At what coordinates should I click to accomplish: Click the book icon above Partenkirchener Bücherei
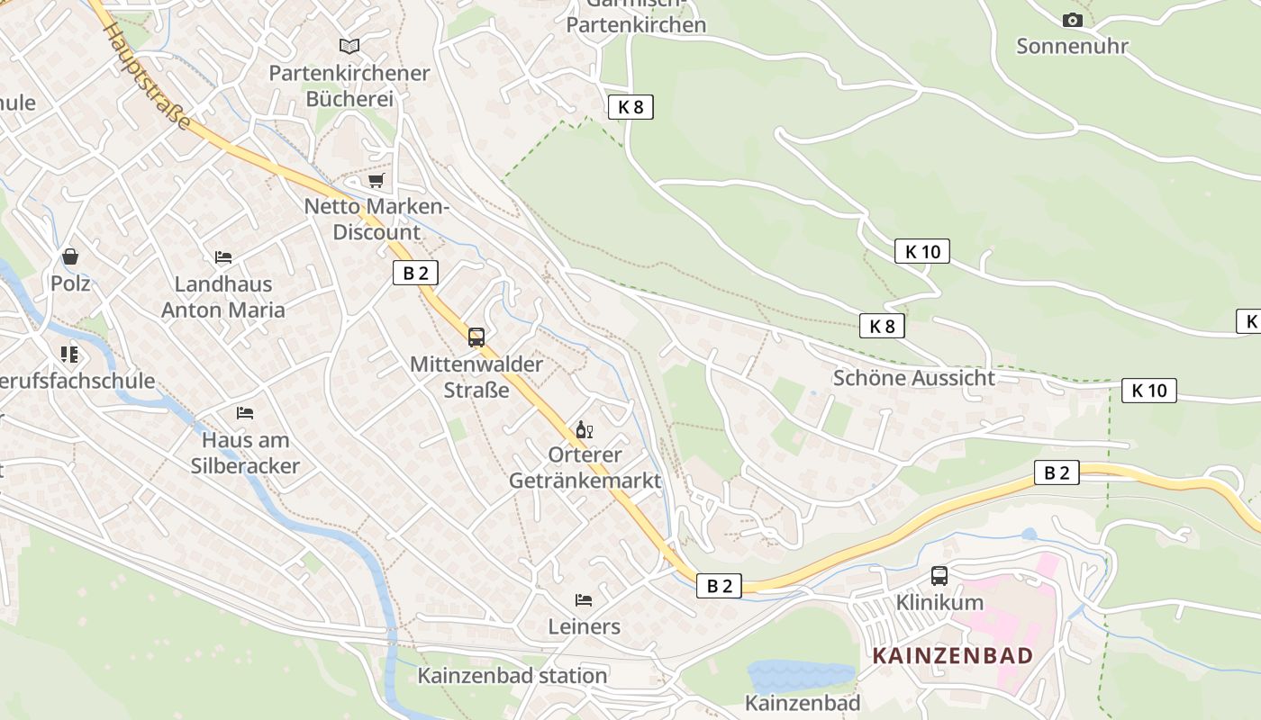click(x=349, y=45)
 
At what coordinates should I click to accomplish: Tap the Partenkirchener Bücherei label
click(x=349, y=85)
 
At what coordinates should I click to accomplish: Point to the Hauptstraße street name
click(x=148, y=76)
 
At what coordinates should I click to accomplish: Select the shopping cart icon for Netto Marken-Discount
click(x=376, y=180)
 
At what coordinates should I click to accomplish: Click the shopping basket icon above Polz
click(x=70, y=256)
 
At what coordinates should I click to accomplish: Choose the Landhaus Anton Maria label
click(x=222, y=297)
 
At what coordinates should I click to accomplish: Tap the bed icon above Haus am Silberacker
click(x=245, y=413)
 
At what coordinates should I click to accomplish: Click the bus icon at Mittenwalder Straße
click(x=476, y=337)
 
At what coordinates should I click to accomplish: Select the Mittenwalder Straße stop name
click(x=476, y=377)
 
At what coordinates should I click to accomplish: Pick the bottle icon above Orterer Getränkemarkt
click(x=585, y=429)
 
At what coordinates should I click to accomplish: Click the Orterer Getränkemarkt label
click(x=585, y=467)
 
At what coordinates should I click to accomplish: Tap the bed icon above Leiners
click(x=584, y=599)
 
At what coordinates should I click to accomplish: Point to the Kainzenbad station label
click(x=513, y=676)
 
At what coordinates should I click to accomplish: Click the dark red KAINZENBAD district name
click(x=952, y=655)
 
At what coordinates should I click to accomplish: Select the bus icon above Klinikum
click(x=939, y=575)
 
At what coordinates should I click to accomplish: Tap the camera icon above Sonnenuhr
click(x=1072, y=20)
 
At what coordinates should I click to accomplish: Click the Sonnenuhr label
click(x=1072, y=46)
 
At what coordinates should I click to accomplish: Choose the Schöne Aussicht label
click(x=913, y=378)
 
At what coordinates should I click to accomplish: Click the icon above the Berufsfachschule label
click(x=70, y=355)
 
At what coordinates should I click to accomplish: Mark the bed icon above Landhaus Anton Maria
click(x=223, y=257)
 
